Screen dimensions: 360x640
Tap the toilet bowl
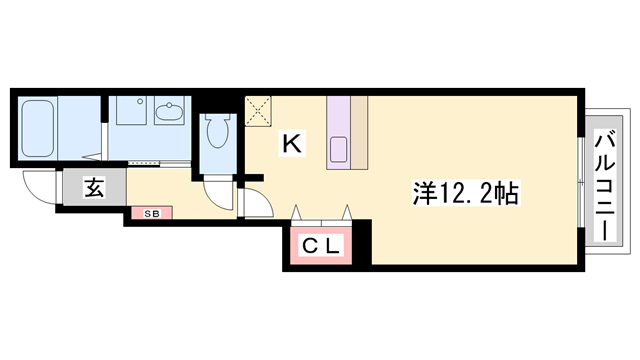pyautogui.click(x=216, y=131)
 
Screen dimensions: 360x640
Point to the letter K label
pyautogui.click(x=291, y=144)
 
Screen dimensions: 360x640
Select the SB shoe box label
pyautogui.click(x=151, y=213)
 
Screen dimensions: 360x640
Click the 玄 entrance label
pyautogui.click(x=93, y=187)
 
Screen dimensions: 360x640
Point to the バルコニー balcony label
pyautogui.click(x=605, y=185)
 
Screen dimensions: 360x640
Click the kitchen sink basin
pyautogui.click(x=339, y=150)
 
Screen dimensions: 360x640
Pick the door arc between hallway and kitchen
pyautogui.click(x=255, y=202)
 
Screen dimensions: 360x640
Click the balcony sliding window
pyautogui.click(x=582, y=184)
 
